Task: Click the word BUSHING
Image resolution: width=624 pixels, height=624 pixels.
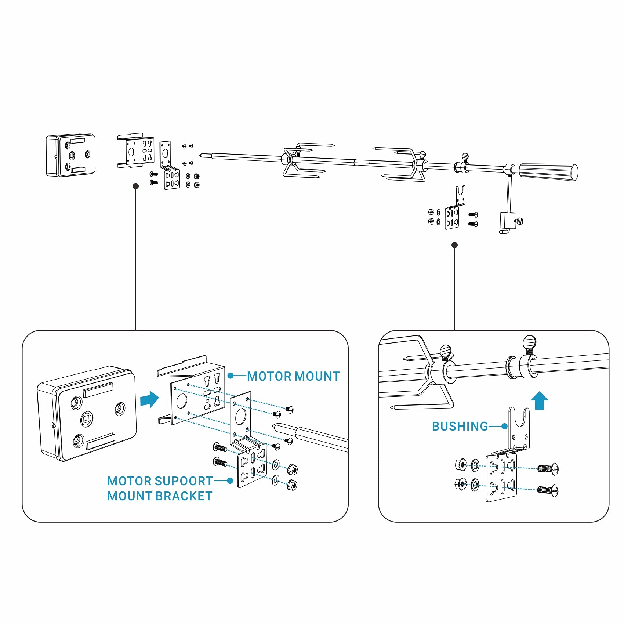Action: click(x=460, y=426)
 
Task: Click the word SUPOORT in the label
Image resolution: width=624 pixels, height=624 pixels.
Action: click(x=184, y=481)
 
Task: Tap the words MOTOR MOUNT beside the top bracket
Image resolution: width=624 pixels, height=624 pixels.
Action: click(x=293, y=376)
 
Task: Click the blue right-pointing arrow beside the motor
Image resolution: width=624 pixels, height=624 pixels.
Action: click(x=149, y=399)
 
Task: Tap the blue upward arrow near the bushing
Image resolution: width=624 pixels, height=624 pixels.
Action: click(x=539, y=400)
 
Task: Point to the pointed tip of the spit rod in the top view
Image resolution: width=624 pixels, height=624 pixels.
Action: click(x=202, y=155)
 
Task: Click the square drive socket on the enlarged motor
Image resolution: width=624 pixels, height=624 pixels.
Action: click(x=87, y=418)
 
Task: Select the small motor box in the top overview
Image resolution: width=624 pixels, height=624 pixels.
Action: click(x=70, y=155)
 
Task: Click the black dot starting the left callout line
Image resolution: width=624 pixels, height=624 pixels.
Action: click(x=136, y=186)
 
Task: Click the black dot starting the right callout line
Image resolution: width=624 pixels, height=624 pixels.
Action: click(x=454, y=245)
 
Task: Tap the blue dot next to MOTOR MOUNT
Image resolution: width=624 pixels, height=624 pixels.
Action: click(x=231, y=376)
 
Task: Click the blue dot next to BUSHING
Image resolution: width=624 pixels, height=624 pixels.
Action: click(x=505, y=426)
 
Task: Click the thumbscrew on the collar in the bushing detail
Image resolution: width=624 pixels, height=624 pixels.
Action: click(x=529, y=344)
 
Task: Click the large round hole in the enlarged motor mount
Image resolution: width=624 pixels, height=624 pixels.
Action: click(x=181, y=401)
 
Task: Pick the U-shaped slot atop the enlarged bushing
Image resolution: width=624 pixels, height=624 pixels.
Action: click(x=519, y=418)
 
